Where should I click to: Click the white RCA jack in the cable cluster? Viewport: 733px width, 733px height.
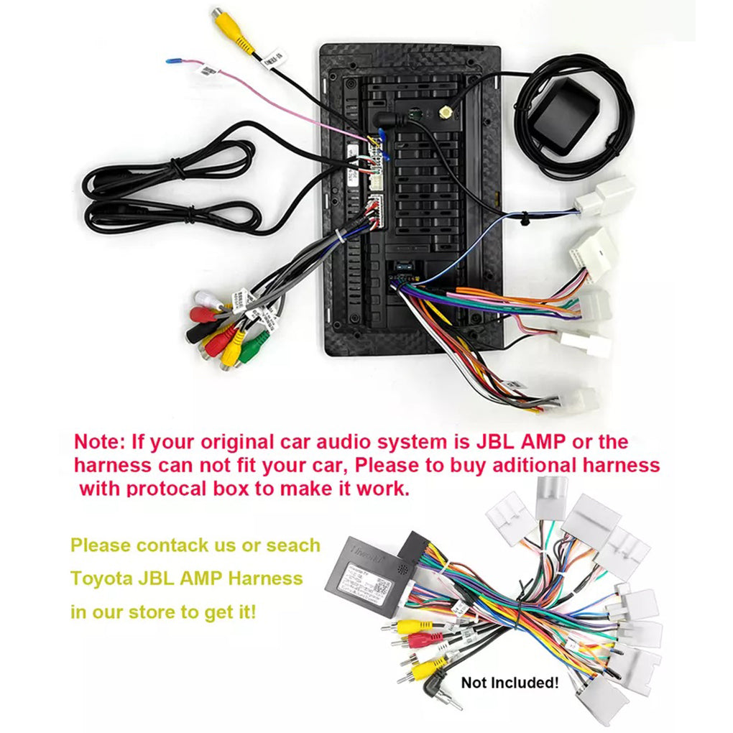click(206, 299)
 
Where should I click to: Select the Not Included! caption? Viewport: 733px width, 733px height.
click(510, 682)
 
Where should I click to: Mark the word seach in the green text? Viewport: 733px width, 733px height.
click(293, 545)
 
